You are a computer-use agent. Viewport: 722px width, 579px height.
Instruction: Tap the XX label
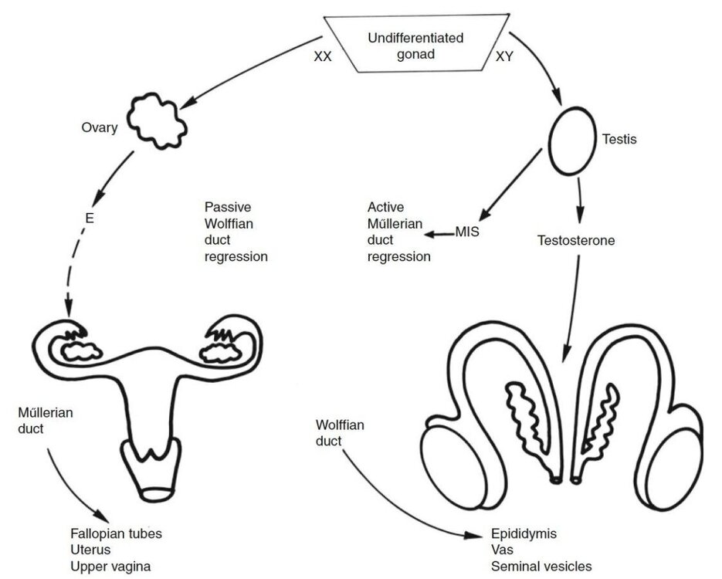click(322, 56)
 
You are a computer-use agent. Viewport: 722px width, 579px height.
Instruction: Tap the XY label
click(504, 56)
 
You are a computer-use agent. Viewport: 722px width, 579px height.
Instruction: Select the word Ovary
click(100, 127)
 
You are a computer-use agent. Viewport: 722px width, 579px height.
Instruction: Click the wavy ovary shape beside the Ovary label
click(157, 120)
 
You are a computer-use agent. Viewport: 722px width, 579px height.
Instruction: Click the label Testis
click(619, 139)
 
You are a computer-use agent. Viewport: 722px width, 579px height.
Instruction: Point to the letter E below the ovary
click(90, 218)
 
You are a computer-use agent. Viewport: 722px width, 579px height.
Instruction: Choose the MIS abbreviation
click(467, 232)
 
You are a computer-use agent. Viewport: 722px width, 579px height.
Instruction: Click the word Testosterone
click(576, 240)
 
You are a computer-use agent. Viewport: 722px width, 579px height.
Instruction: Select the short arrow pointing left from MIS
click(439, 234)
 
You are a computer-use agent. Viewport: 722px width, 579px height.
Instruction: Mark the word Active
click(385, 207)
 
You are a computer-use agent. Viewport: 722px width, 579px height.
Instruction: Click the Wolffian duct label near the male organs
click(340, 432)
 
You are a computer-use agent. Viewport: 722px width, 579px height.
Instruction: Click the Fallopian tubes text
click(116, 533)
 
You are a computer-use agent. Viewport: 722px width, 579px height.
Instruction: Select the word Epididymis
click(524, 534)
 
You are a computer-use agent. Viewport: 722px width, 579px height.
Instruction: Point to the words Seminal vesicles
click(541, 566)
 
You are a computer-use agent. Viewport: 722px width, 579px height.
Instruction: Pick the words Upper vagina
click(110, 567)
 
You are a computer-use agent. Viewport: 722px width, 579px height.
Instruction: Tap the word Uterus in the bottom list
click(90, 550)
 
